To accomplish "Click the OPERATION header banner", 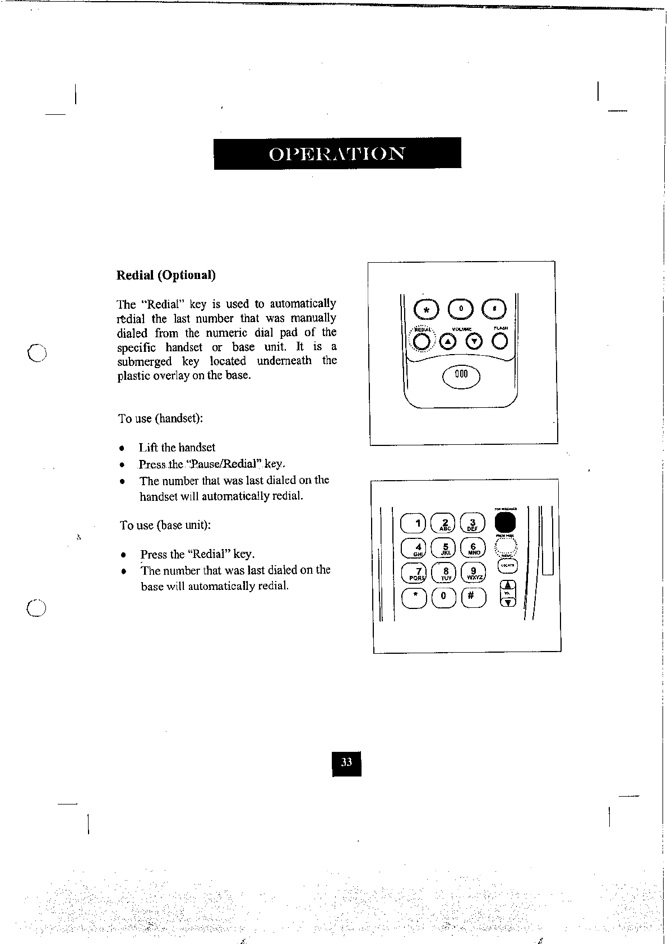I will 337,153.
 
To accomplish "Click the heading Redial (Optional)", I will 166,275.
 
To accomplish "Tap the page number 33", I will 346,762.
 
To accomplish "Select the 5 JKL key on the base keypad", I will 446,548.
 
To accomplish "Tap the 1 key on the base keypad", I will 414,524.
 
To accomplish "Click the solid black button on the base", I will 505,523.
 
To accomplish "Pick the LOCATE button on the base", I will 507,566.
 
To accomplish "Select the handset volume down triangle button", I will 475,341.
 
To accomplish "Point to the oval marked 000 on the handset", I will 461,376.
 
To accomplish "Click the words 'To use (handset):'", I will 160,418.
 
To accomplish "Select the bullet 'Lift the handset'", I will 177,448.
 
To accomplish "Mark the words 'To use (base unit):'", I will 165,526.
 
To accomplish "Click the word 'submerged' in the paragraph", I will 144,361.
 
